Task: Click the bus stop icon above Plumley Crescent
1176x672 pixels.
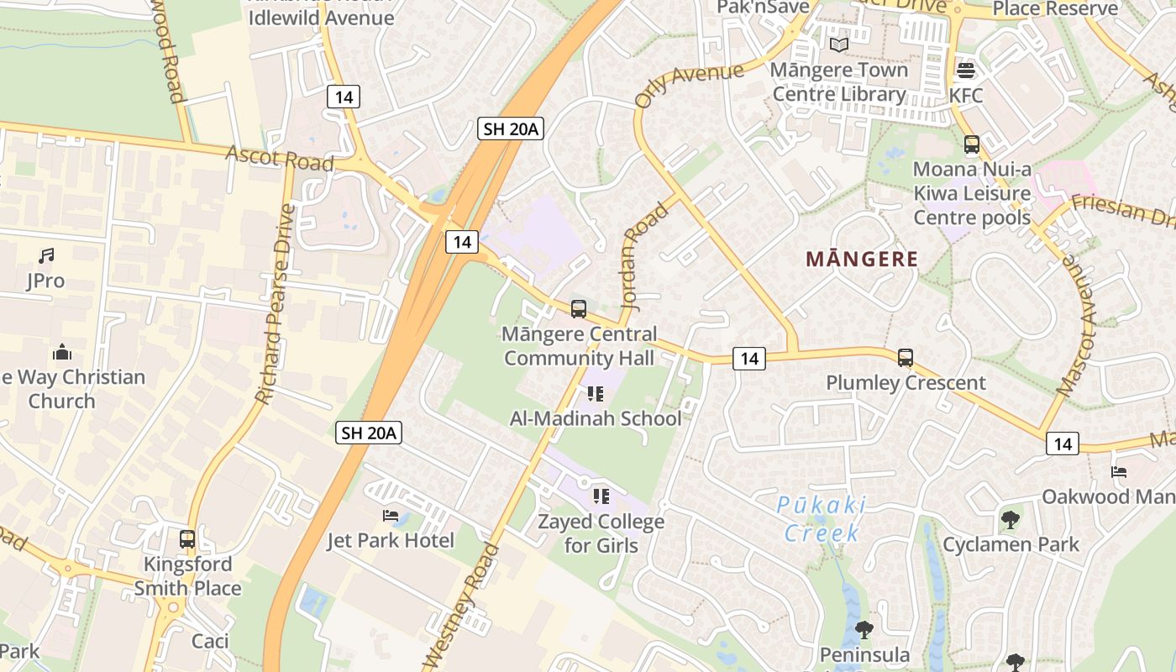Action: [x=906, y=358]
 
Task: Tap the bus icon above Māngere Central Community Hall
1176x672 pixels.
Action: [x=578, y=309]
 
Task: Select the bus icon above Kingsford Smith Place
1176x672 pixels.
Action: [x=187, y=539]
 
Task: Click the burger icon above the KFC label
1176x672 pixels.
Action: [x=966, y=71]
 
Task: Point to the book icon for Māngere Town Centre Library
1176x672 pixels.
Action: [x=838, y=45]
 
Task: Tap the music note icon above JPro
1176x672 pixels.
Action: [x=46, y=255]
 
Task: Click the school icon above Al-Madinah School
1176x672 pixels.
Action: [x=596, y=393]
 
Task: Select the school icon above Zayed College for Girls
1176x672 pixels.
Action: [x=601, y=496]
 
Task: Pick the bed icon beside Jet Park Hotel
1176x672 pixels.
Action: [x=391, y=515]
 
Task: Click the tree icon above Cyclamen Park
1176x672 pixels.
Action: [x=1011, y=519]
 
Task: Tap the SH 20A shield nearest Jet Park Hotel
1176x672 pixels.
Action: [x=369, y=433]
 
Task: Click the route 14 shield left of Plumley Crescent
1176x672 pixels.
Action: [x=749, y=359]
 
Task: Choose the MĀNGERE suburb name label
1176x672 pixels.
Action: [x=862, y=259]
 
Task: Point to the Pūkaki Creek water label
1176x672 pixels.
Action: [x=822, y=518]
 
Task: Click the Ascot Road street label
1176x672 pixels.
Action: [x=279, y=158]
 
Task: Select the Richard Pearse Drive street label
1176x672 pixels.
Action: [x=276, y=303]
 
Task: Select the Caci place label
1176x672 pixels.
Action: [x=210, y=641]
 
